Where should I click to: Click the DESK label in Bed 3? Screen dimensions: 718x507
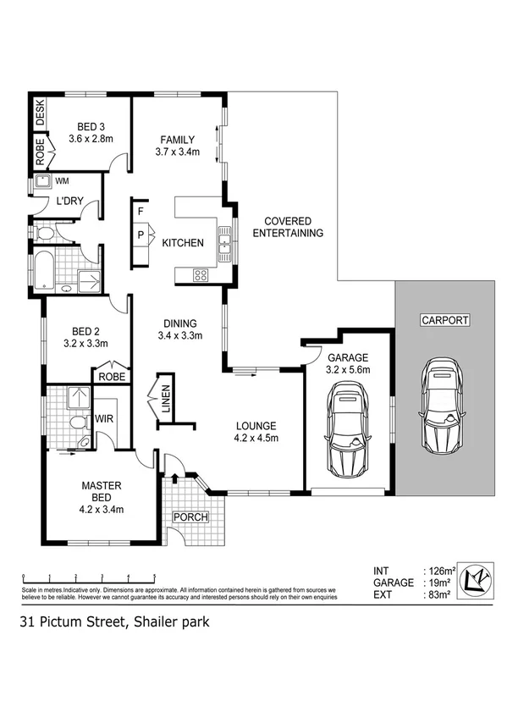[x=39, y=112]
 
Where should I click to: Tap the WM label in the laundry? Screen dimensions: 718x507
[x=62, y=180]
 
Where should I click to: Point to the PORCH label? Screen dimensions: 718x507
[x=190, y=516]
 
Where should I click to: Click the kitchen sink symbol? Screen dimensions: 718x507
[x=225, y=245]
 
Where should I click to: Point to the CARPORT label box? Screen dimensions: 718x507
[x=444, y=320]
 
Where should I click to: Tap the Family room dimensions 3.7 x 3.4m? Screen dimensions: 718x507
[x=177, y=152]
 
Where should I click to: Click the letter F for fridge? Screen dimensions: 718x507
[x=141, y=210]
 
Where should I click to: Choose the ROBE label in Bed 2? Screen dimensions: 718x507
[x=111, y=376]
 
